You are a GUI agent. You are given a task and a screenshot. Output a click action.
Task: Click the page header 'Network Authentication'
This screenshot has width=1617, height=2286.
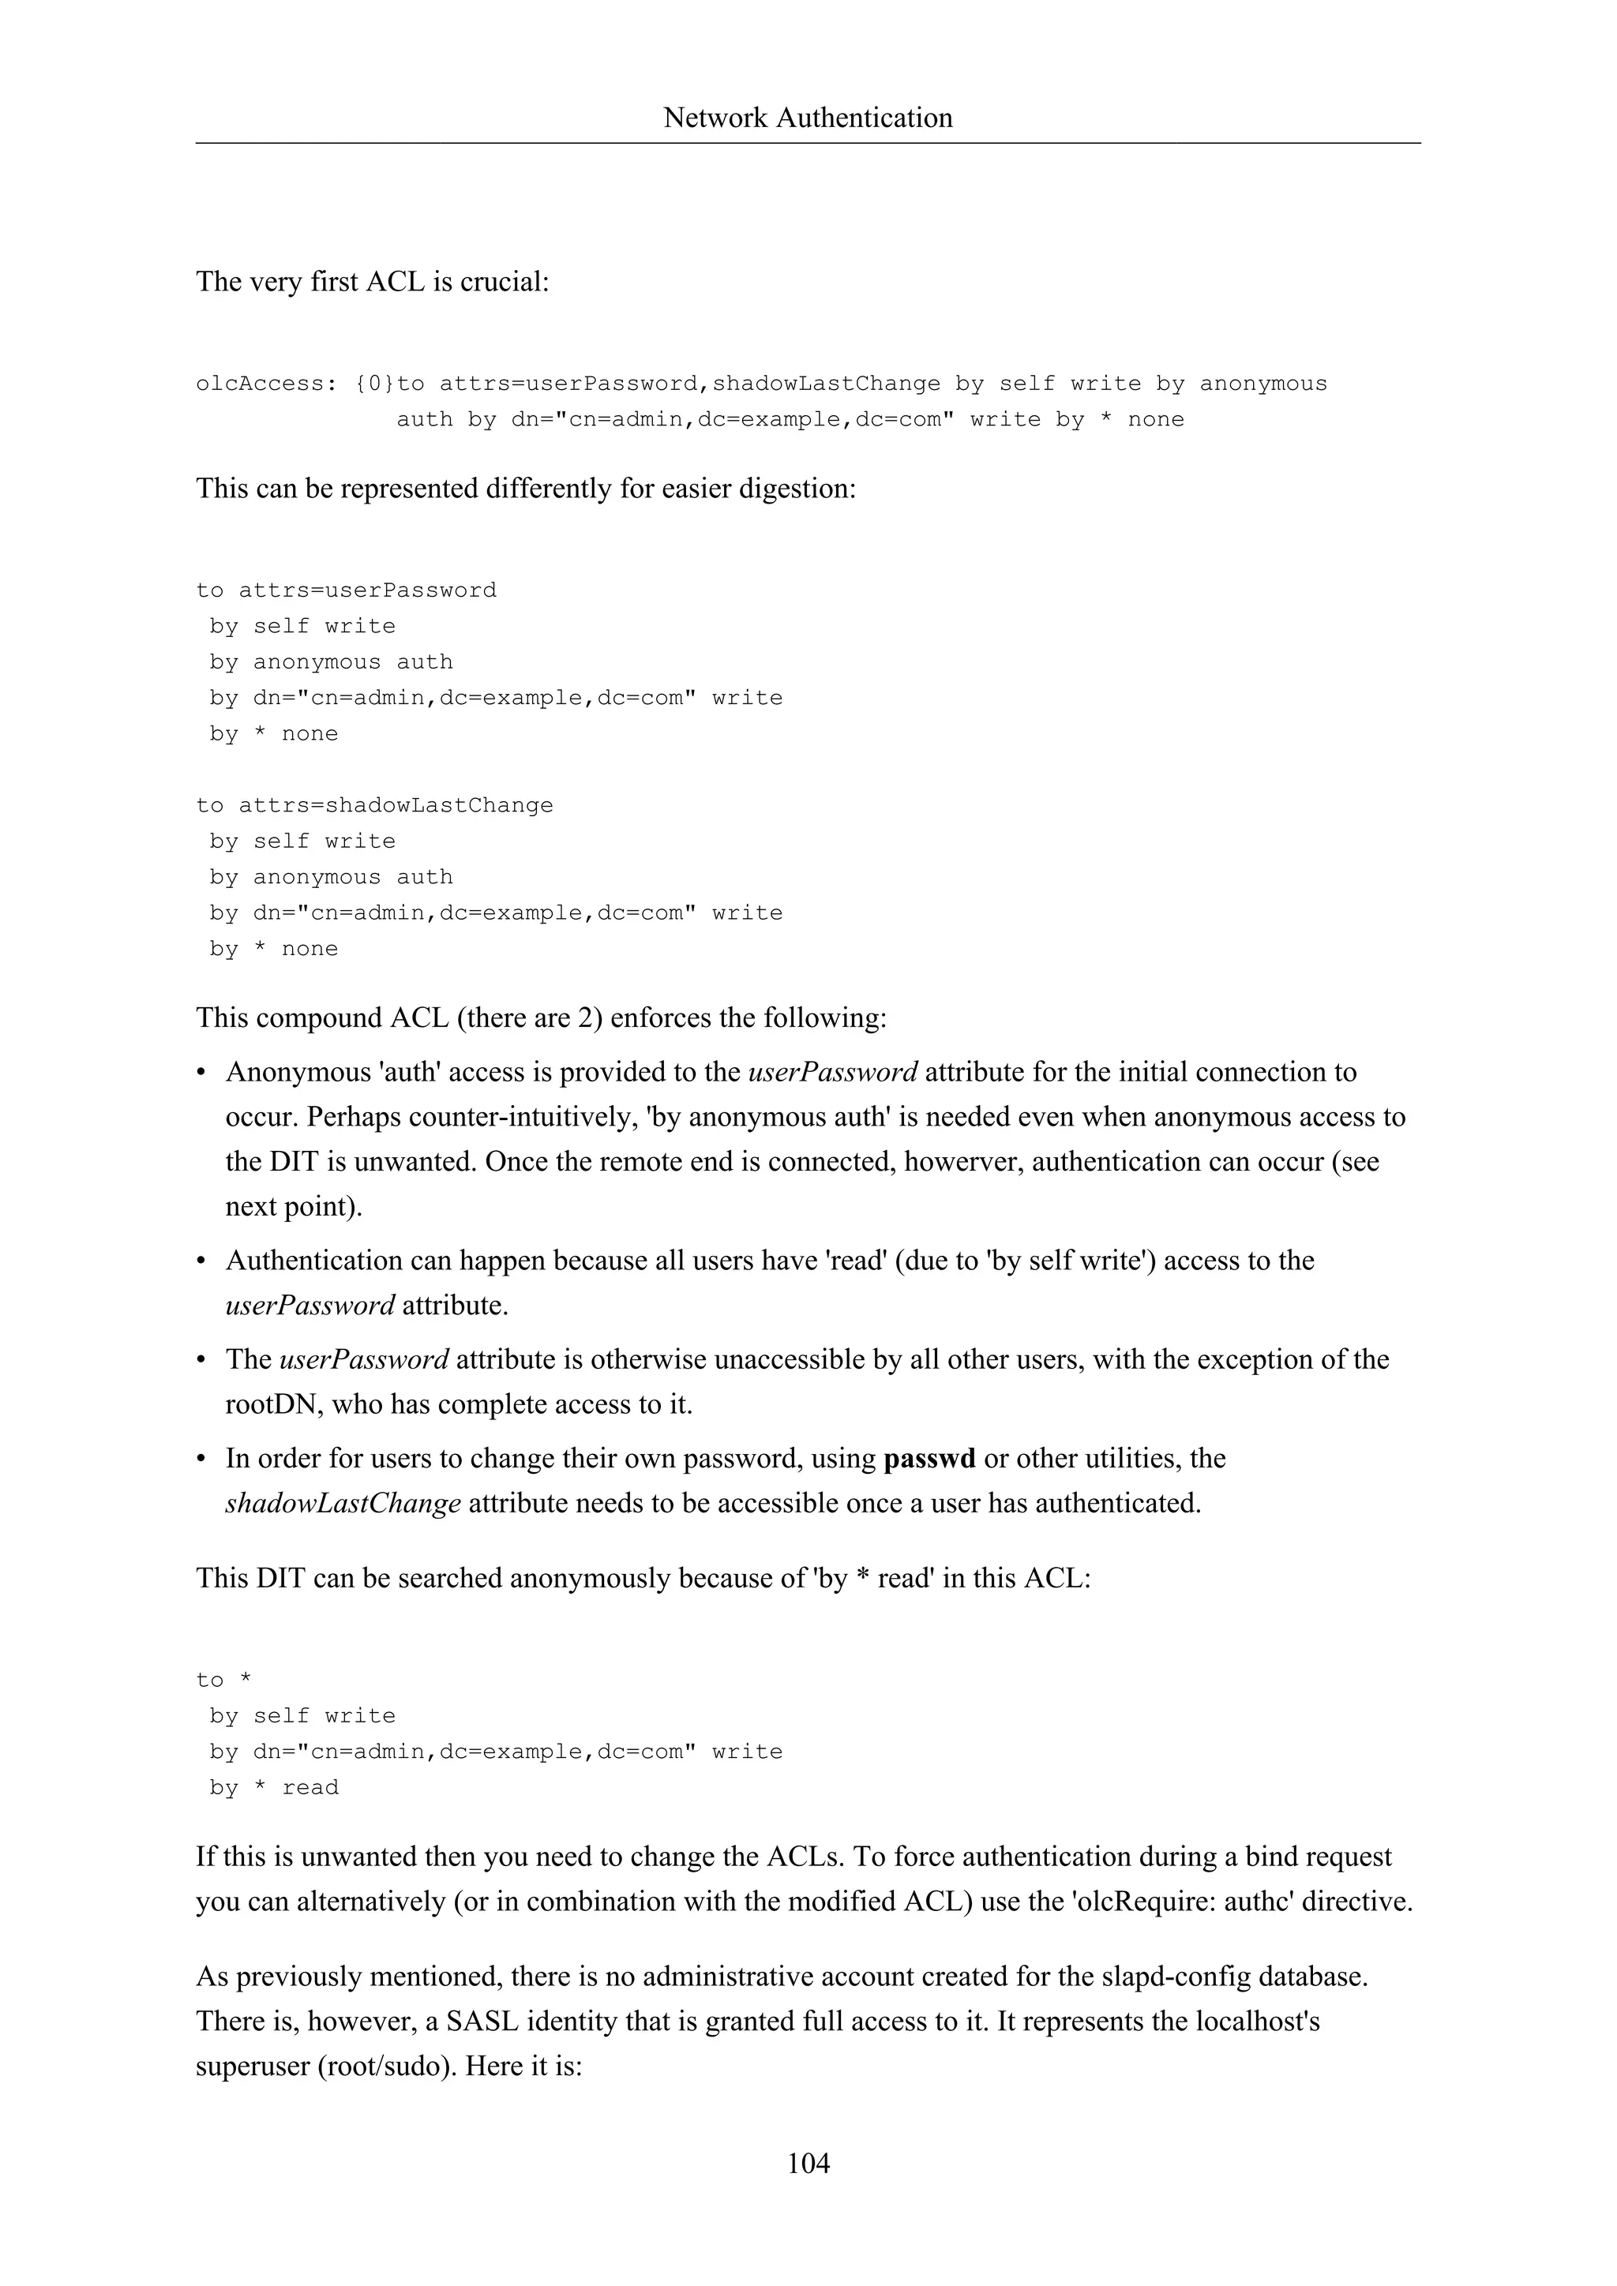pos(808,118)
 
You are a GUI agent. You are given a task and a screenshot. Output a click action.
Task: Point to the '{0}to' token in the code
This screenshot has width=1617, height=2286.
pos(389,384)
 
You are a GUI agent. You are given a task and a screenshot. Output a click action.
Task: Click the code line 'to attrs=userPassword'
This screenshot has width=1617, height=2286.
pos(346,590)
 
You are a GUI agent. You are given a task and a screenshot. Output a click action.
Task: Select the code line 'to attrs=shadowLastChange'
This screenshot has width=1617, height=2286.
pos(374,805)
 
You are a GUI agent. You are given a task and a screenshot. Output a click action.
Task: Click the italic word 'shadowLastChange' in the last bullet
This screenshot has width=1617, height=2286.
pos(343,1504)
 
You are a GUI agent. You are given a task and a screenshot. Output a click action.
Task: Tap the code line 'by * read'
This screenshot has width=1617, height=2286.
pos(274,1787)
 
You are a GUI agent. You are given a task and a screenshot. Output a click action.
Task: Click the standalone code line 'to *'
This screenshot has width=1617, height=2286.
pos(224,1680)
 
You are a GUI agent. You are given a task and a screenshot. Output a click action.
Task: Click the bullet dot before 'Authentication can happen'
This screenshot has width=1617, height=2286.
pos(202,1261)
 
